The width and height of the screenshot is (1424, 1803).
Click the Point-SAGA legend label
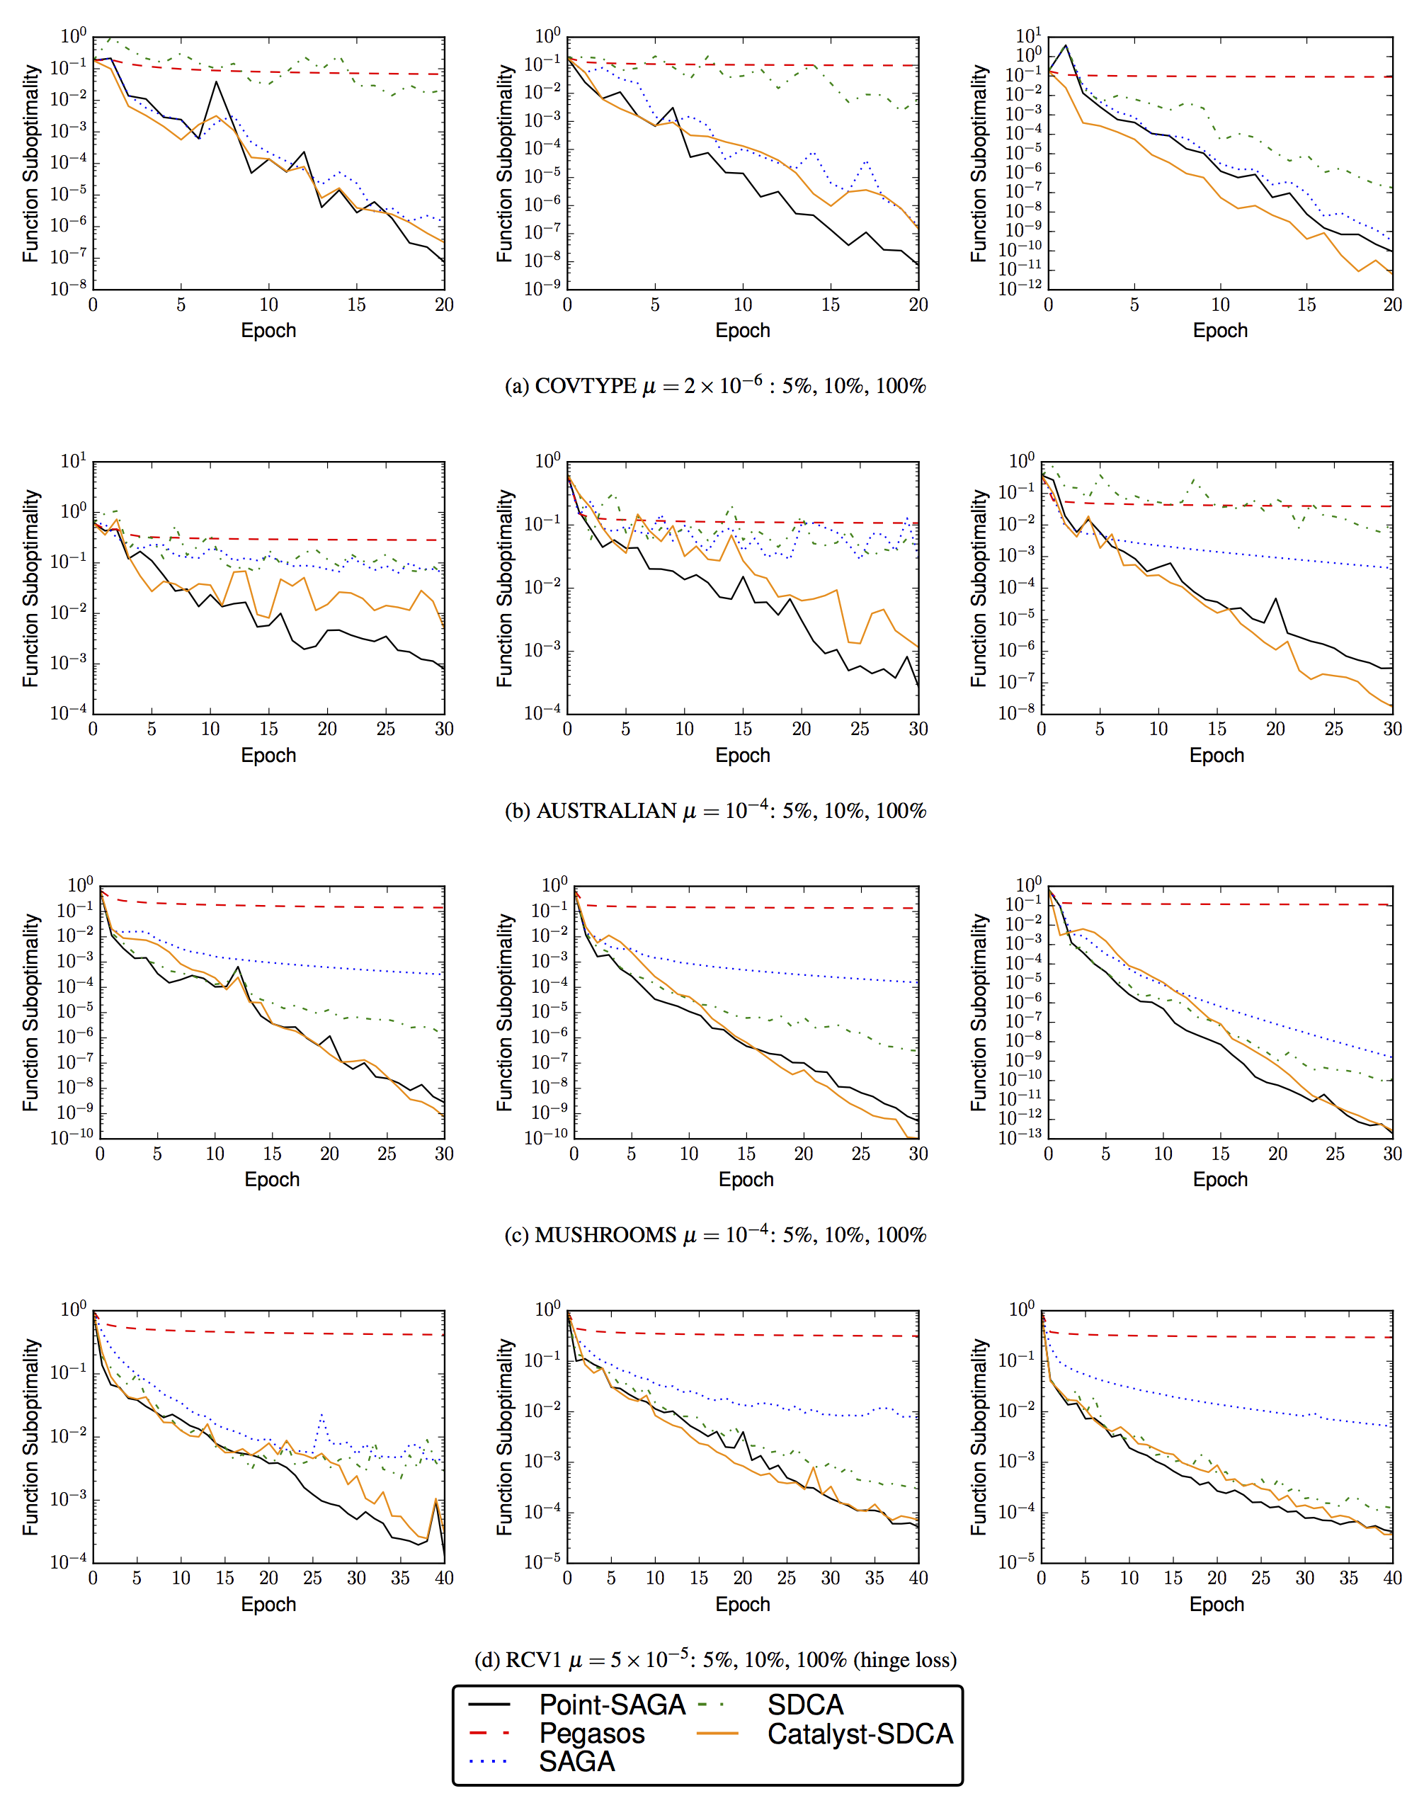tap(612, 1705)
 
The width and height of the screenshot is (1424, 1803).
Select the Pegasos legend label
tap(591, 1733)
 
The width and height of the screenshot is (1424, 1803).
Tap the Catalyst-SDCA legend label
tap(860, 1734)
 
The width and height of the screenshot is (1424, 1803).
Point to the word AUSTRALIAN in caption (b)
tap(606, 811)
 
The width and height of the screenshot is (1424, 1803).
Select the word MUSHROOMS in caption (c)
tap(605, 1235)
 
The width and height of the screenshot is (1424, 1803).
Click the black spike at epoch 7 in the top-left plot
tap(217, 81)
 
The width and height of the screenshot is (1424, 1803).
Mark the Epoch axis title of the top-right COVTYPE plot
tap(1220, 330)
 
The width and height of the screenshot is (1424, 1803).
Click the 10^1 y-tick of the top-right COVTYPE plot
tap(1028, 37)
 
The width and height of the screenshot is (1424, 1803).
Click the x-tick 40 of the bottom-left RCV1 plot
tap(445, 1578)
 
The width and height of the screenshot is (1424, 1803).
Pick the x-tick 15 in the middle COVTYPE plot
tap(831, 305)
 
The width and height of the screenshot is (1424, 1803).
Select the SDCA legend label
tap(805, 1705)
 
